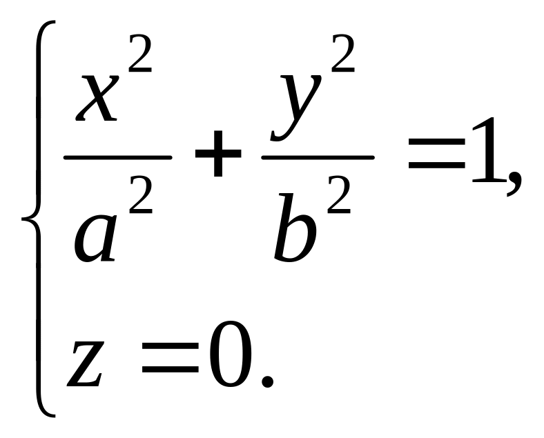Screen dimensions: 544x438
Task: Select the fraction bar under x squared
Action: point(117,157)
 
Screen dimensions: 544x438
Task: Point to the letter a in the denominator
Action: point(95,238)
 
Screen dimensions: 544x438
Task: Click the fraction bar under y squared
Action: point(318,157)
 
